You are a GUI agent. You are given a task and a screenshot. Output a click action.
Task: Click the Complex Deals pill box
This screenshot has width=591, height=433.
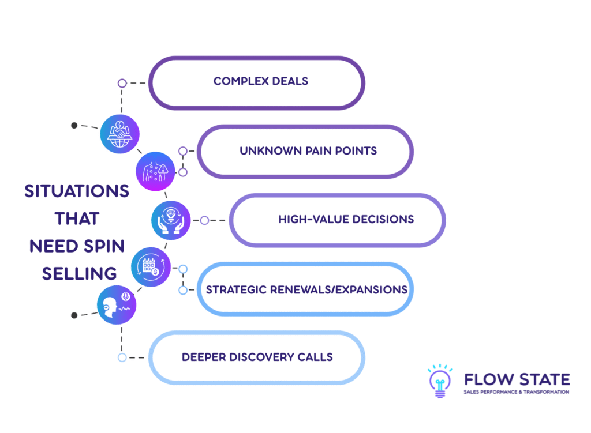257,82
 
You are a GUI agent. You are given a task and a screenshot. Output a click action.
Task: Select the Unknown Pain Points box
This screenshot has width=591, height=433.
305,151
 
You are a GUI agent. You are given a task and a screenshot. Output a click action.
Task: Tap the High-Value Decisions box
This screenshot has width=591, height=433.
338,220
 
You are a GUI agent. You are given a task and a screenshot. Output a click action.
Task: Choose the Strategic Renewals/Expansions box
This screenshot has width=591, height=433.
305,289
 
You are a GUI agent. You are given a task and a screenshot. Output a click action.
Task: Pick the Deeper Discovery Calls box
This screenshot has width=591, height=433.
257,357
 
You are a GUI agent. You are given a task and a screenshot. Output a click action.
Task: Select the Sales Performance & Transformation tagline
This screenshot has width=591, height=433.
517,392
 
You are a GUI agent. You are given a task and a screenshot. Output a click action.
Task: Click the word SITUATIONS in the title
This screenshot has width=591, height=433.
77,191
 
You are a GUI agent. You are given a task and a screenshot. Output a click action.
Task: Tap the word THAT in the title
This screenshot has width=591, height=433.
77,219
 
